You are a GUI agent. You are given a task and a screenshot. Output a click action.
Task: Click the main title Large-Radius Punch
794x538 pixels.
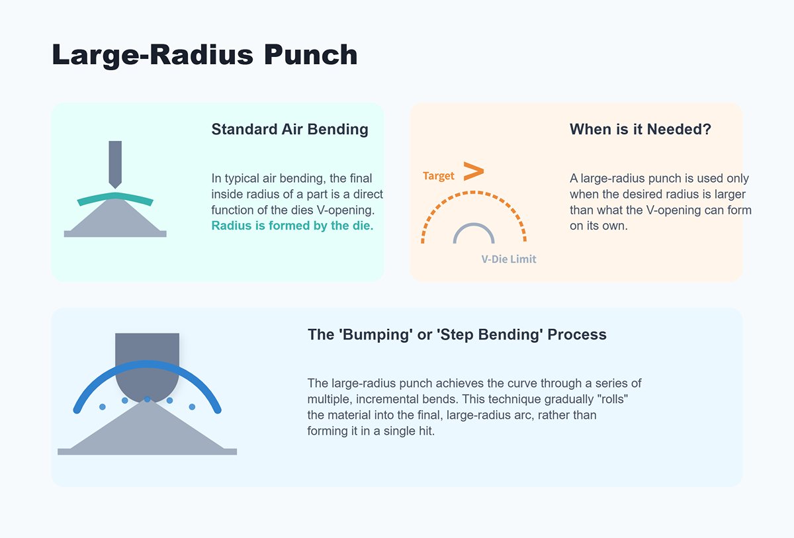204,54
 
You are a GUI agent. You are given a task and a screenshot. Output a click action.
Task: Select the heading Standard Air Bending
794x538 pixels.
290,129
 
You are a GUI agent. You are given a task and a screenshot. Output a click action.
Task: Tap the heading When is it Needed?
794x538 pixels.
640,129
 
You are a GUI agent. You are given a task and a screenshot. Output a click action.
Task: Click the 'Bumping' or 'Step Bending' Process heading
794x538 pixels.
457,334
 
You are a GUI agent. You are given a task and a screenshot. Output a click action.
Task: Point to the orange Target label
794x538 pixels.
439,176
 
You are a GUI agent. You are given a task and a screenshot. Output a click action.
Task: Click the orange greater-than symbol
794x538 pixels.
473,171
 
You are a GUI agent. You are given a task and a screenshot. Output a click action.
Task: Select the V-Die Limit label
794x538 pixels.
509,259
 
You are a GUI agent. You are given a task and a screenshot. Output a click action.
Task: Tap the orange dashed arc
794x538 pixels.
473,193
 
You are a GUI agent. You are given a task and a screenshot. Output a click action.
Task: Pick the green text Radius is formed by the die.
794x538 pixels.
292,226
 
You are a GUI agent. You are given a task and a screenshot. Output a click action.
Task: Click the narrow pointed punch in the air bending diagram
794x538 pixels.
115,162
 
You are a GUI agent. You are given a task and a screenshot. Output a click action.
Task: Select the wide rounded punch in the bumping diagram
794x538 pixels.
147,357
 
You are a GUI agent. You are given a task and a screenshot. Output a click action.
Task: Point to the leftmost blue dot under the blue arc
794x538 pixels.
103,406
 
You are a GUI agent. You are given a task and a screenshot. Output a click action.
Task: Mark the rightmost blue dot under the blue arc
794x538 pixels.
192,406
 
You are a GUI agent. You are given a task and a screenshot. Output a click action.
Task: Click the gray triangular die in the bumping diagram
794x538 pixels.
147,433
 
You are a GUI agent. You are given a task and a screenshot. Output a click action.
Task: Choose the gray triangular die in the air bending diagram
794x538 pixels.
115,218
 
